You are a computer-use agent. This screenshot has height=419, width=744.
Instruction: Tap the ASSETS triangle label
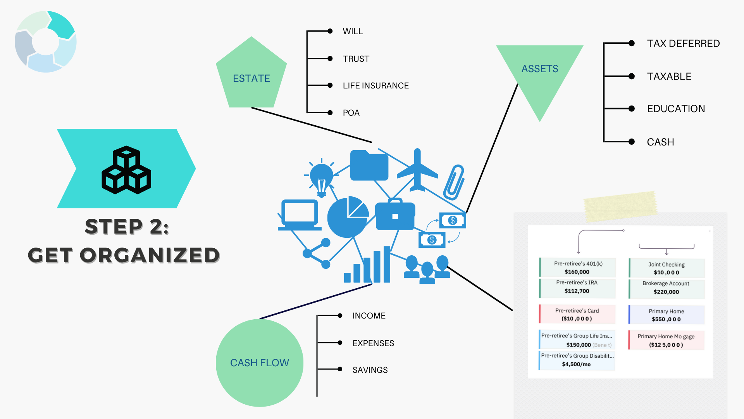point(539,69)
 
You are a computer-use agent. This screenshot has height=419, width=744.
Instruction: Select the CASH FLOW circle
point(259,363)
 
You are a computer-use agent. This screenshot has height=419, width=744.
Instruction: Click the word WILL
point(353,31)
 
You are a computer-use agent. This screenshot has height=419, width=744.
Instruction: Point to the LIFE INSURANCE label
point(375,86)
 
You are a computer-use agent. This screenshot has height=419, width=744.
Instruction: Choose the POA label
point(351,113)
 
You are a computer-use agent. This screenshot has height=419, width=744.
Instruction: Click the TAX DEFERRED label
point(683,43)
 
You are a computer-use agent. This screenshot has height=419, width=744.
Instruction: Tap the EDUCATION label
point(676,109)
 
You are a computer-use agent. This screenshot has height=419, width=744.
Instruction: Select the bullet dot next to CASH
point(632,142)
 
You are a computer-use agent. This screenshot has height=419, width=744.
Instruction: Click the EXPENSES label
point(373,343)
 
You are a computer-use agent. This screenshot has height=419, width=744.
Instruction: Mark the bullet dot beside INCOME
point(340,316)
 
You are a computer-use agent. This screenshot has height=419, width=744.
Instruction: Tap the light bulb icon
point(321,178)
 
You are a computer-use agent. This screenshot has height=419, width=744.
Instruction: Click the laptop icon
point(300,215)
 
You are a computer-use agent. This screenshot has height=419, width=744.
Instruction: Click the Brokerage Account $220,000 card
point(666,288)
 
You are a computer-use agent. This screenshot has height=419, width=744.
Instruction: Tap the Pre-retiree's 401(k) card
point(578,268)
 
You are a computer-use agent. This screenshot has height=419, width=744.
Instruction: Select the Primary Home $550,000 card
point(666,315)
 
